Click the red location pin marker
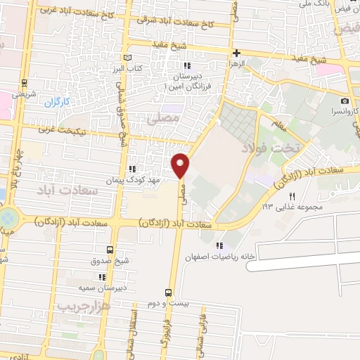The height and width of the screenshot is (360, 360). [x=181, y=166]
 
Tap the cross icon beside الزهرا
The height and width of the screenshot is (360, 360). [x=236, y=53]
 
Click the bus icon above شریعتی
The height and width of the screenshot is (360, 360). [x=25, y=82]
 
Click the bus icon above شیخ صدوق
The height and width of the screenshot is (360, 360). [x=109, y=249]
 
